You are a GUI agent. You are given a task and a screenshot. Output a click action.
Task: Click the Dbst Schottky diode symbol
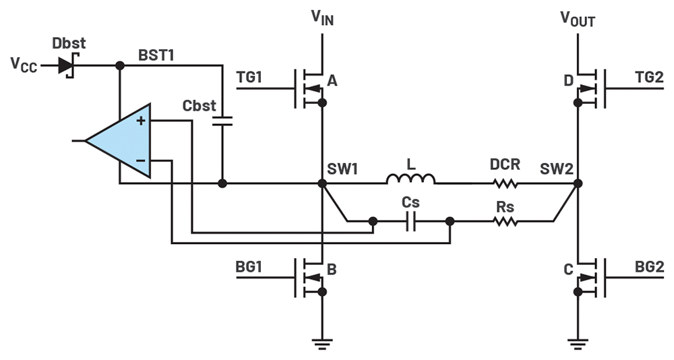(66, 66)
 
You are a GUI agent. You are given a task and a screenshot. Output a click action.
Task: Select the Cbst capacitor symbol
(222, 121)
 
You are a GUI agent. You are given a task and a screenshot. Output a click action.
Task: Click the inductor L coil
(410, 179)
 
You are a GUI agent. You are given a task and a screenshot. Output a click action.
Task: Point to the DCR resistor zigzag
(505, 183)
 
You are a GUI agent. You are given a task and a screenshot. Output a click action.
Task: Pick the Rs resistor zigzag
(505, 222)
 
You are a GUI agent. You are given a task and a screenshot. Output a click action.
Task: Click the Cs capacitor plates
(411, 222)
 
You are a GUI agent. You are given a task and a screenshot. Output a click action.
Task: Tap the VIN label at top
(322, 18)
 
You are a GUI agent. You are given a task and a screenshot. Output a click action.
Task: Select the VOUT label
(578, 19)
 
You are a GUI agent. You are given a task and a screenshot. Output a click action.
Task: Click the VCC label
(24, 65)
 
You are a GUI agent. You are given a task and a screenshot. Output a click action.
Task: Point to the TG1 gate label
(249, 78)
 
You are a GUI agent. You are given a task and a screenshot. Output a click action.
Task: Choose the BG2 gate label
(650, 267)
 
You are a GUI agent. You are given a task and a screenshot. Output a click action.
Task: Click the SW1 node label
(342, 169)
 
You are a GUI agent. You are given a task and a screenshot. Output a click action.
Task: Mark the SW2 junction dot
(578, 183)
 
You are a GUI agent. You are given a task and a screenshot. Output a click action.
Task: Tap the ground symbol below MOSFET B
(322, 343)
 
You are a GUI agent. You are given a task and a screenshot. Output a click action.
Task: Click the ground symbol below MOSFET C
(578, 343)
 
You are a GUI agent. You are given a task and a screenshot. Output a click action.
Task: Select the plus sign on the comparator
(141, 121)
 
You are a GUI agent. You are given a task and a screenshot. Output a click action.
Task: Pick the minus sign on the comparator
(141, 161)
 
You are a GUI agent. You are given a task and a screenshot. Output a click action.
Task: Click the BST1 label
(156, 55)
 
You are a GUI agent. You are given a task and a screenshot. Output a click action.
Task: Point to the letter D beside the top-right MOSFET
(568, 80)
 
